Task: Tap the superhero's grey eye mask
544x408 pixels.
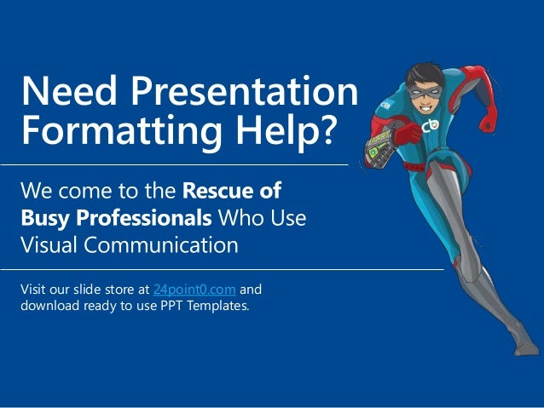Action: coord(426,87)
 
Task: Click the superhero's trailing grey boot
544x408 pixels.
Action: coord(527,345)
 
